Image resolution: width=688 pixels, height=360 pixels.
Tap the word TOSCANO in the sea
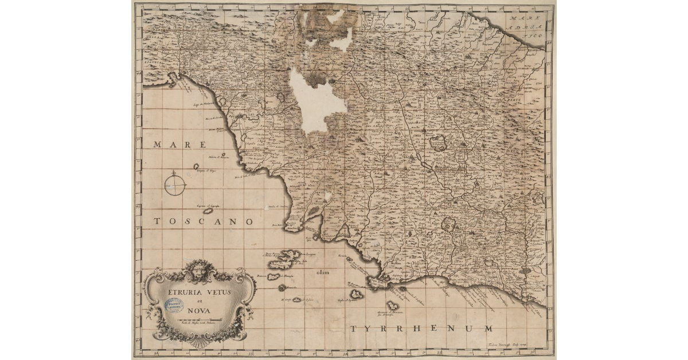tap(204, 221)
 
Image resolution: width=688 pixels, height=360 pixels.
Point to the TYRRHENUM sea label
tap(422, 328)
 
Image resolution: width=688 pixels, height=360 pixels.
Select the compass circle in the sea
tap(175, 185)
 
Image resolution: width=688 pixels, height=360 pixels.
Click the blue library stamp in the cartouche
tap(175, 304)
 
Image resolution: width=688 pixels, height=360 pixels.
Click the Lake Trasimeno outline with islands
tap(439, 143)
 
